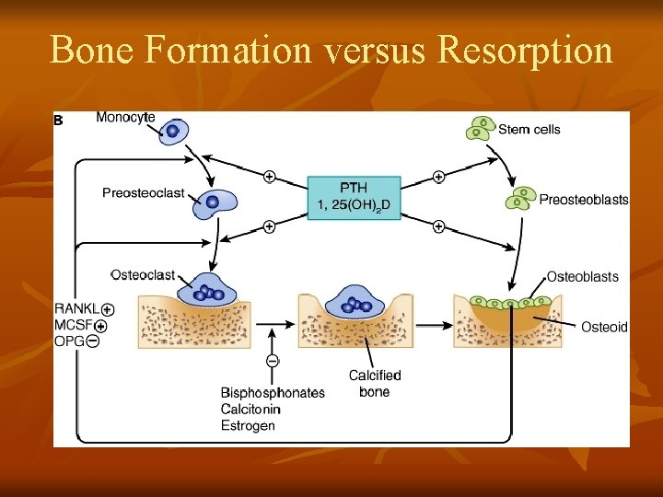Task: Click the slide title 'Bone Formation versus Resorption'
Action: point(331,50)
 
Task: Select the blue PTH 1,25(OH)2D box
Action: point(354,196)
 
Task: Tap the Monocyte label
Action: point(125,118)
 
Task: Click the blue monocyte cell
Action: point(172,131)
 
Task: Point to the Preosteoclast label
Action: point(144,193)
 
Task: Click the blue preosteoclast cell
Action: point(213,202)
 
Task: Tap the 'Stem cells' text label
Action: point(529,130)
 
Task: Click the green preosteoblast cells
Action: point(522,198)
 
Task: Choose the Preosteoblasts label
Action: point(584,200)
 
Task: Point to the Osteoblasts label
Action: point(583,276)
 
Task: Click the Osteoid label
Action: point(604,327)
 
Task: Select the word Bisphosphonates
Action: point(273,393)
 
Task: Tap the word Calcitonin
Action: point(250,409)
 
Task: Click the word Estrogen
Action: point(248,425)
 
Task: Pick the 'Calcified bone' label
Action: point(375,384)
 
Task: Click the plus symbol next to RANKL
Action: point(108,310)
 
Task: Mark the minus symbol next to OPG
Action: point(93,341)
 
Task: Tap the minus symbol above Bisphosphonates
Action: point(273,362)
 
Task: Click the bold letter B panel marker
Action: point(59,120)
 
